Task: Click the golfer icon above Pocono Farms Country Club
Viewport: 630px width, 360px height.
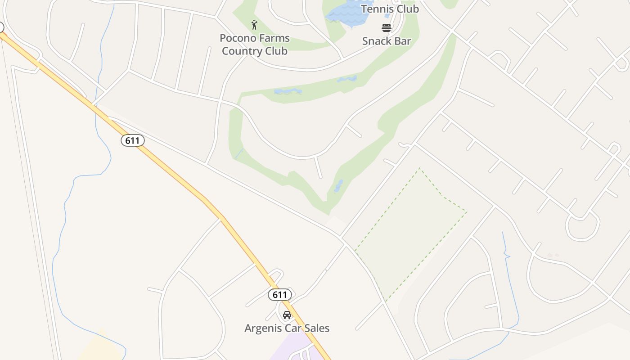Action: [254, 25]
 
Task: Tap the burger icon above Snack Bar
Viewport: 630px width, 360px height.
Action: [387, 28]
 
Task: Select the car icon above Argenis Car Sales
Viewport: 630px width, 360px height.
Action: [287, 315]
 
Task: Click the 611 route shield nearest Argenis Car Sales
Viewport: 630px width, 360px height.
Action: [280, 295]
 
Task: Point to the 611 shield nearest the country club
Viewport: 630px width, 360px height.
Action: [132, 140]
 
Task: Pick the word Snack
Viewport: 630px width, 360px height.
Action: [377, 41]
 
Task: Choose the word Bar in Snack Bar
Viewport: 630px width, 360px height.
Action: [403, 41]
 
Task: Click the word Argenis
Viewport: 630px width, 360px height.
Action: [262, 328]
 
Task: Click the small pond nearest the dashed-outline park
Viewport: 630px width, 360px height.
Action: [338, 186]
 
